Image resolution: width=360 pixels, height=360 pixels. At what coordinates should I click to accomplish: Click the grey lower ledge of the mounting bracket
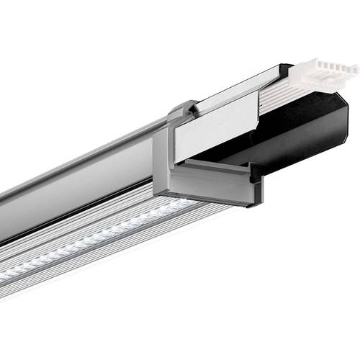click(x=209, y=184)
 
